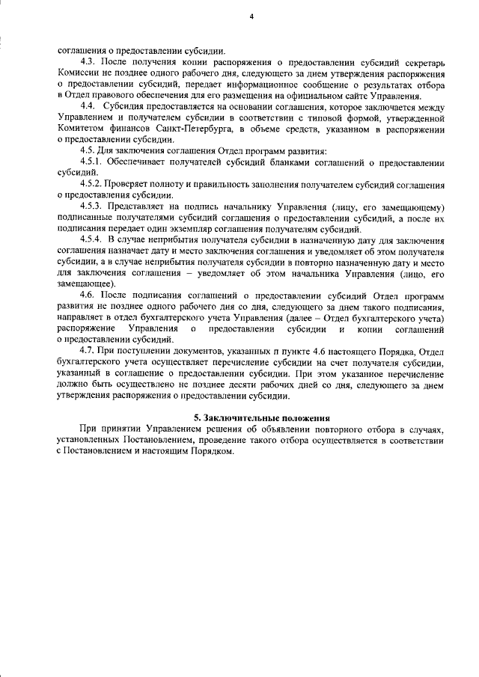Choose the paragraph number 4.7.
89,352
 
